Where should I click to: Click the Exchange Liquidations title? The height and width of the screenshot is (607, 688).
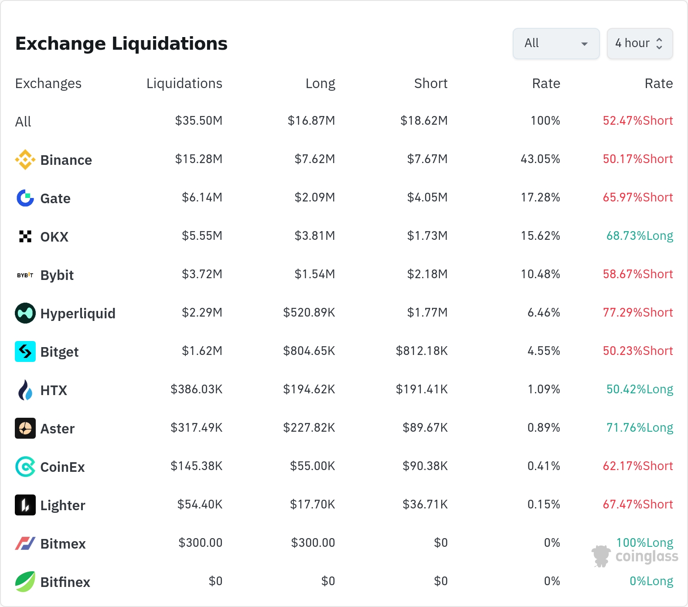121,44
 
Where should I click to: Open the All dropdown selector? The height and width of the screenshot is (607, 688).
556,44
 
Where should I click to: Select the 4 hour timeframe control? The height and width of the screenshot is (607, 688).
640,44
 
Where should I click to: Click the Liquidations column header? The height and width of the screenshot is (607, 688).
184,83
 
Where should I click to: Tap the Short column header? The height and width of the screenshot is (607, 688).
431,83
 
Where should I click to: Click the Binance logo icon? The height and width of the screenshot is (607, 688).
25,160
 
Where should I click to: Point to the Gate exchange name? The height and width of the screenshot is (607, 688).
55,198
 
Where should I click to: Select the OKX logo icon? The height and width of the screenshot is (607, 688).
25,236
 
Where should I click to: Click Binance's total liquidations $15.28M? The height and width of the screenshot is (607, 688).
199,159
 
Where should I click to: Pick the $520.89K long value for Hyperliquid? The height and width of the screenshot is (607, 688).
309,312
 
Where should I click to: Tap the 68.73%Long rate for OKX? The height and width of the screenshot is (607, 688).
640,236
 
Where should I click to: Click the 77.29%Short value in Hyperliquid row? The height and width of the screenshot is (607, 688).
638,312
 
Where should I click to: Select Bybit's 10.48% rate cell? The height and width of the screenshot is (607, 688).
541,274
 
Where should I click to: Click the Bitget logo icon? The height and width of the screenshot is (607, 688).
25,351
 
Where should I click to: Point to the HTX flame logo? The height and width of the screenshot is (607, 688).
25,390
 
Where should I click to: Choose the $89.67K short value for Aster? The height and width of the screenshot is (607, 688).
425,427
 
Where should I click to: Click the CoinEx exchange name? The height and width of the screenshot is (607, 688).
63,467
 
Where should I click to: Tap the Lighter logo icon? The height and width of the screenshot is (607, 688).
25,505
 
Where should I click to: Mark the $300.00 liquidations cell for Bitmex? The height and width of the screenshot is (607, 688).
201,542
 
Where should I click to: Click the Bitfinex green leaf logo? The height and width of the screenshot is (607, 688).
25,582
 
